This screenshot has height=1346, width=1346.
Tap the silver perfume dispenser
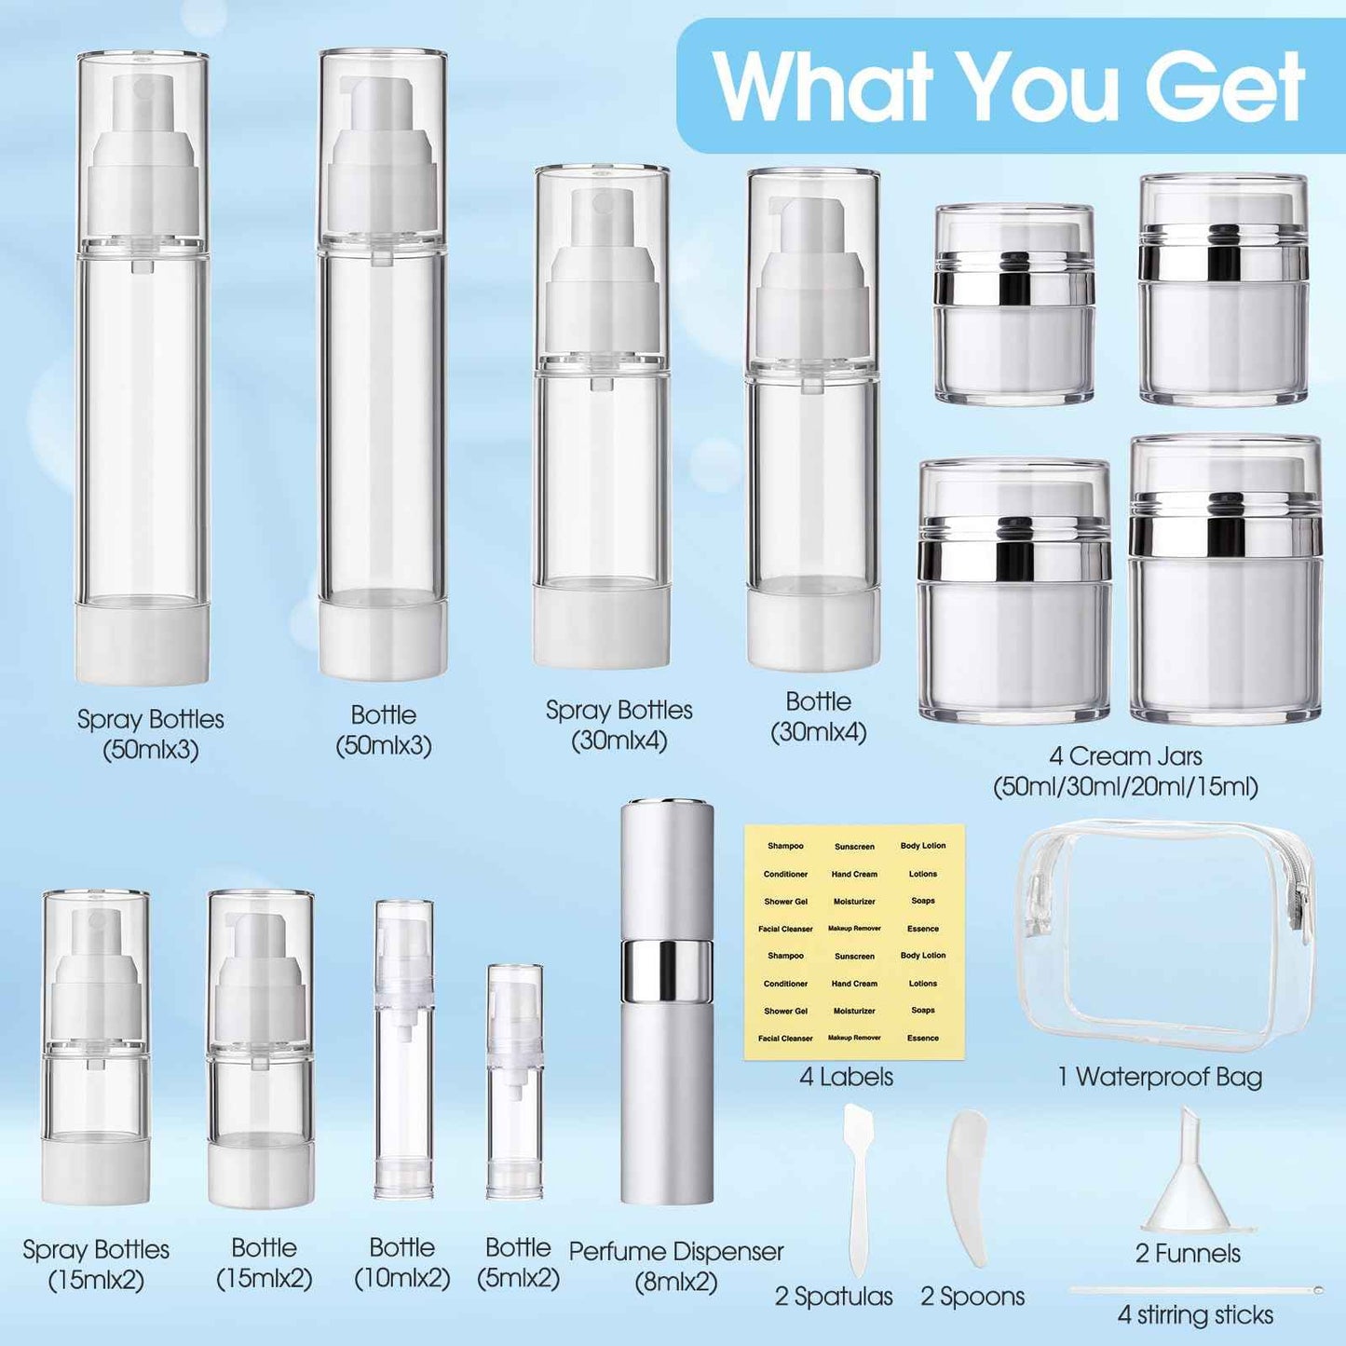[x=667, y=1001]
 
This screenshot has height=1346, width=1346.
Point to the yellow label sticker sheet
[x=854, y=942]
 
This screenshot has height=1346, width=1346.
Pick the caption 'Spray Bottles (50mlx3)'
[x=150, y=734]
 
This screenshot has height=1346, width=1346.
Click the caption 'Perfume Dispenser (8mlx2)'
[x=676, y=1266]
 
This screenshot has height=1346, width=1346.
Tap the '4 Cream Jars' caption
[x=1125, y=771]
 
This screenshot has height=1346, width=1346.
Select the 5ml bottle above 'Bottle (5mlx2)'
[x=515, y=1081]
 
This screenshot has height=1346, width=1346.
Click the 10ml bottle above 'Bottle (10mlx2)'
[x=403, y=1049]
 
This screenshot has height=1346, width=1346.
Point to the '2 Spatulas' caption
[x=834, y=1296]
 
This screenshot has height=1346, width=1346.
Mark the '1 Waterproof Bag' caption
[x=1160, y=1077]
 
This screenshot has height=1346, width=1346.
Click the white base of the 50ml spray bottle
[x=142, y=646]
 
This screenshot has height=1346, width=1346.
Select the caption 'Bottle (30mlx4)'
[x=818, y=716]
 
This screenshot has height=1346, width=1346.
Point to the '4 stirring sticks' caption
[x=1195, y=1315]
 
